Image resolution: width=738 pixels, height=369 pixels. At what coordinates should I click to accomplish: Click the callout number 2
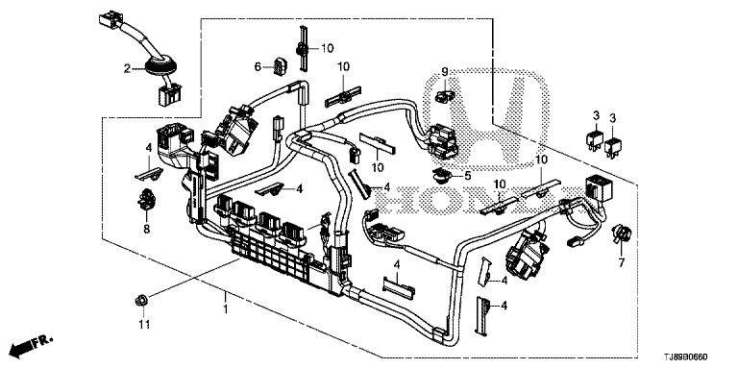[x=127, y=69]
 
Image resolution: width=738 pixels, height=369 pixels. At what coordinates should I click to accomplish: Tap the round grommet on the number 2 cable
[x=160, y=67]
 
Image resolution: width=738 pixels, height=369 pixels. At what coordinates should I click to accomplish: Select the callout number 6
[x=258, y=67]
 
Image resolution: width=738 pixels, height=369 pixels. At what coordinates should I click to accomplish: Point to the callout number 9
[x=445, y=72]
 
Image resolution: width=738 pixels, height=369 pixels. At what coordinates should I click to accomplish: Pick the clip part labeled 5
[x=442, y=176]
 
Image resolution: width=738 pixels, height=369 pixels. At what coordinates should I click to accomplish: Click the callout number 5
[x=467, y=176]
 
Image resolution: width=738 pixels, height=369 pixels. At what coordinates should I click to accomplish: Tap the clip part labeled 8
[x=146, y=199]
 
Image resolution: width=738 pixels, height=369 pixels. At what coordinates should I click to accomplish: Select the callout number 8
[x=146, y=230]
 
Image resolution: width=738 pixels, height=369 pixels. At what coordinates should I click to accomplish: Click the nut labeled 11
[x=140, y=300]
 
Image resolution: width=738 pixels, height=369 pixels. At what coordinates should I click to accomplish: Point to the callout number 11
[x=143, y=324]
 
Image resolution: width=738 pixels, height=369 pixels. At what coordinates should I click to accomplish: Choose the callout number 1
[x=225, y=309]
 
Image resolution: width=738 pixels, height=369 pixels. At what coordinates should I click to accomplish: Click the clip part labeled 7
[x=622, y=234]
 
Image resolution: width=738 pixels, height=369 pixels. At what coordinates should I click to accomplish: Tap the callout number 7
[x=621, y=262]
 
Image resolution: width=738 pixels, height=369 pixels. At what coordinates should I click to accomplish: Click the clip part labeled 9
[x=443, y=97]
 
